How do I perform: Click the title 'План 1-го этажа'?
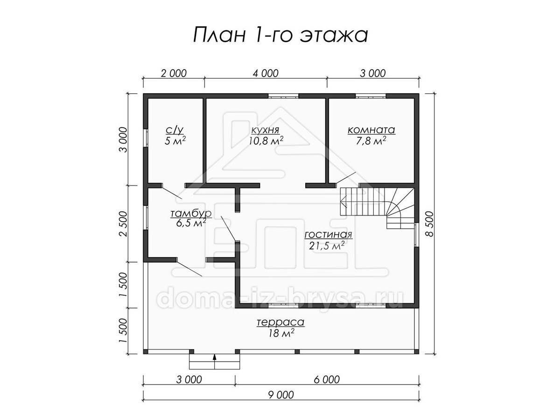point(280,35)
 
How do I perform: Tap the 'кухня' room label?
point(266,130)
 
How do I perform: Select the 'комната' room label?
point(371,130)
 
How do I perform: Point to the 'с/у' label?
point(175,131)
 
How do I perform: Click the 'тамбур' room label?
point(191,214)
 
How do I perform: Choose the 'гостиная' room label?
point(328,234)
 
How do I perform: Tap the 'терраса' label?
point(280,322)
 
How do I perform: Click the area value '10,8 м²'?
point(266,140)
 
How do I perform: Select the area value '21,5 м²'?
point(327,245)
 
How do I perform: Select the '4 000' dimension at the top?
point(266,73)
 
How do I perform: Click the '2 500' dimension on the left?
point(123,224)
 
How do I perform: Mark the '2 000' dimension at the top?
point(174,73)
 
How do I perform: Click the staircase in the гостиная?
point(377,208)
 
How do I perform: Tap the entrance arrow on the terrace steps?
point(215,361)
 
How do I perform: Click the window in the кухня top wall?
point(283,96)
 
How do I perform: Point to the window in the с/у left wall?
point(146,138)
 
